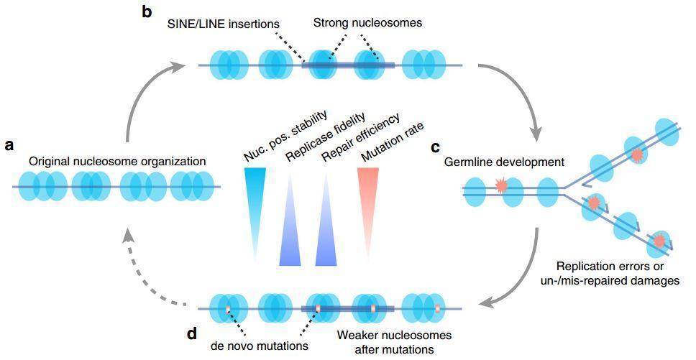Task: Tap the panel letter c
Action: (x=435, y=148)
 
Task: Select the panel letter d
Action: (x=193, y=335)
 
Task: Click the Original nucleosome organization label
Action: (x=117, y=162)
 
